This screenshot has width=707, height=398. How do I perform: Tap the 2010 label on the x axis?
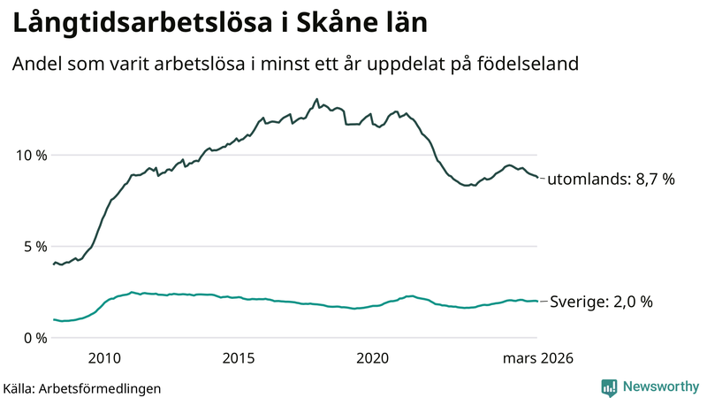pos(104,358)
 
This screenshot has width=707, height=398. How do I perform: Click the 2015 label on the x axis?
pos(239,358)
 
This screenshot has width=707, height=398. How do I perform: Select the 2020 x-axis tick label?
pos(372,358)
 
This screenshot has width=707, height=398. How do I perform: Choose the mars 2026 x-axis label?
pos(537,358)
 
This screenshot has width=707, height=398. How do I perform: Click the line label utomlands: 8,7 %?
pos(611,180)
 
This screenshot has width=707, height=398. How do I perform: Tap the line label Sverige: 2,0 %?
pos(601,302)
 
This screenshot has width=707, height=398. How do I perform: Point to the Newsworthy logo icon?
pos(609,387)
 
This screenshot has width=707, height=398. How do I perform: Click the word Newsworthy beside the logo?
pos(659,387)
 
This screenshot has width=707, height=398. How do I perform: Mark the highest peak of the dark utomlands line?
pos(316,99)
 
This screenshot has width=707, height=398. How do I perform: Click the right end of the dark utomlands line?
pos(537,179)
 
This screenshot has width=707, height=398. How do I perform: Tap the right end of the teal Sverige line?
pos(537,301)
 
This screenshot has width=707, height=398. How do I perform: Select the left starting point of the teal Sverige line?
pos(53,319)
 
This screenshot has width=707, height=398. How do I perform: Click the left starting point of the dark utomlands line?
pos(53,264)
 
